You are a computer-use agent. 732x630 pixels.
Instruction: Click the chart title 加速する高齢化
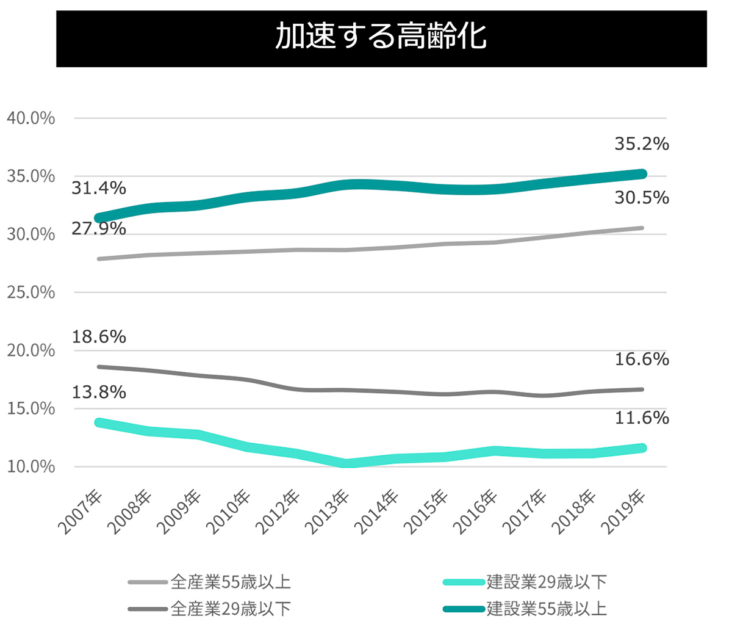point(381,36)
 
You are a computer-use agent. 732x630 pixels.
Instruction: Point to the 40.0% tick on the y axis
point(30,118)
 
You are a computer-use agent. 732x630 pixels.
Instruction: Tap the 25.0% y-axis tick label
point(30,292)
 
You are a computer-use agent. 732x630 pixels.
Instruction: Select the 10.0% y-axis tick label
point(30,467)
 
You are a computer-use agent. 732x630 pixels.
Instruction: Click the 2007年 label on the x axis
point(81,512)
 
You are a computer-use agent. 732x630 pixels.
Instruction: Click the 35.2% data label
point(641,145)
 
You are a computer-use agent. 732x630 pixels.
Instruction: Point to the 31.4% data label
point(99,189)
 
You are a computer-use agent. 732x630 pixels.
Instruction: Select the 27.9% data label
point(99,229)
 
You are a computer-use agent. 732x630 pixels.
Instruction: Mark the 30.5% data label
point(641,198)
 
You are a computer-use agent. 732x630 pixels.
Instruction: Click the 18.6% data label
point(99,336)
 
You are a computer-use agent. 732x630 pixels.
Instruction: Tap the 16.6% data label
point(641,360)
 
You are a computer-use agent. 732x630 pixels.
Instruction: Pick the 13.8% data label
point(99,392)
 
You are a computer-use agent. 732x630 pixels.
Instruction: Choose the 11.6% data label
point(641,418)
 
